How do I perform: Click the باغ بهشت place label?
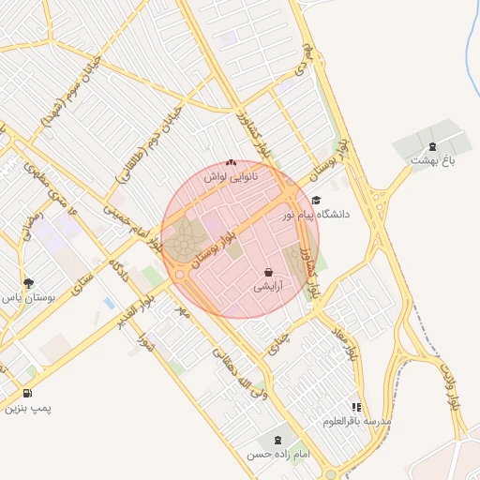[432, 161]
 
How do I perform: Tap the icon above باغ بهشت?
[432, 146]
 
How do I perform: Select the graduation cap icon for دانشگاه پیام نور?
[316, 200]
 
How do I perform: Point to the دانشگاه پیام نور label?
[316, 215]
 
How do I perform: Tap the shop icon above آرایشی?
[269, 272]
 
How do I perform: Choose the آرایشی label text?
[269, 287]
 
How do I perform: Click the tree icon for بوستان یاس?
[28, 281]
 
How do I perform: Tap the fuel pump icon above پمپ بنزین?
[27, 393]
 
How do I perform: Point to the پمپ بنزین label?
[27, 408]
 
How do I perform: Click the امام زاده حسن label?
[277, 455]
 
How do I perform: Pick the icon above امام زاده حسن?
[277, 440]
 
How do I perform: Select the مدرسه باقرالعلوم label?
[356, 422]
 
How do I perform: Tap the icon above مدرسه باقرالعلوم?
[356, 407]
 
